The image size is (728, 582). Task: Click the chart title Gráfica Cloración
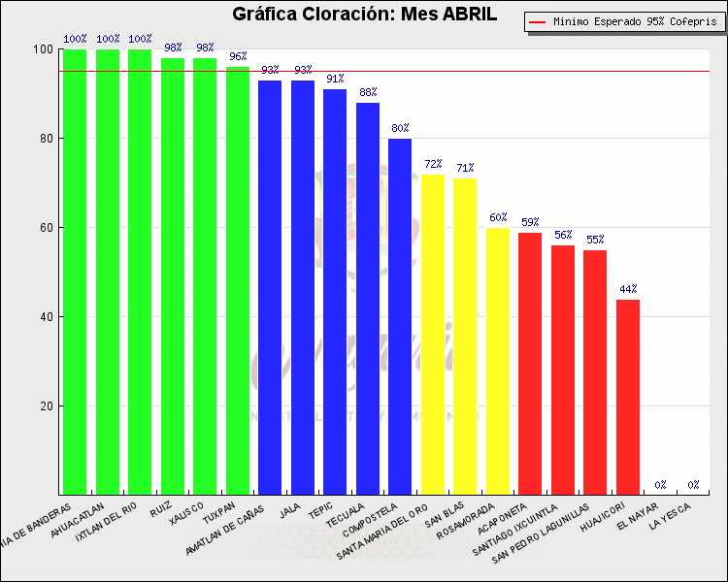(x=364, y=15)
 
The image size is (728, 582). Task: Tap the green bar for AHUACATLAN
(x=108, y=272)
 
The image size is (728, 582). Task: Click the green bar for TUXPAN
(x=238, y=281)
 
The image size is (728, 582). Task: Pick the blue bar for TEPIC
(x=335, y=291)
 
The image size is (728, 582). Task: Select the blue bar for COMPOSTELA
(x=400, y=316)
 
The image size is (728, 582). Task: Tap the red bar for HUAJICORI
(x=628, y=397)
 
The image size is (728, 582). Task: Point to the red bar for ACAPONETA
(x=530, y=363)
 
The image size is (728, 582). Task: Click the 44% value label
(x=628, y=289)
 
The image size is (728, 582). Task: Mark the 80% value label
(x=400, y=128)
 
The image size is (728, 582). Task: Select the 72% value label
(x=433, y=164)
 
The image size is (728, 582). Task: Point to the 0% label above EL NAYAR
(x=660, y=485)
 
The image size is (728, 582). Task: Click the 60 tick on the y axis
(x=44, y=228)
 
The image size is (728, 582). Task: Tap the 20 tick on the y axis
(x=44, y=406)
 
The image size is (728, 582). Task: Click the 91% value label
(x=335, y=80)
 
